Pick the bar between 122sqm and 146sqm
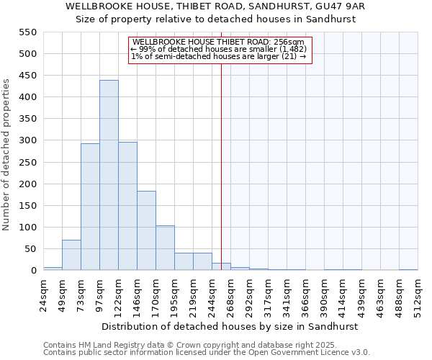click(127, 206)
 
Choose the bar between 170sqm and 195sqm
click(165, 248)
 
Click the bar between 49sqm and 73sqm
click(71, 255)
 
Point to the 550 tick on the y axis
click(27, 32)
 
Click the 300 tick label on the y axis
click(27, 140)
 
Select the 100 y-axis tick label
click(27, 228)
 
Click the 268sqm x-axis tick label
click(230, 293)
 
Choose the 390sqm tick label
click(324, 293)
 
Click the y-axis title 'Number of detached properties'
click(6, 155)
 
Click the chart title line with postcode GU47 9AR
click(215, 6)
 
